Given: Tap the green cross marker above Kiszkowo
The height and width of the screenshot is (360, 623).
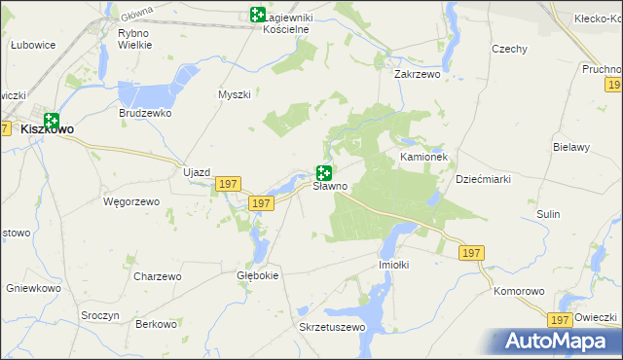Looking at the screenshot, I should (x=52, y=120).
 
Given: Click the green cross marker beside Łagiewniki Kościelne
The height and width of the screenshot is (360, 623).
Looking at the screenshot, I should (x=257, y=15).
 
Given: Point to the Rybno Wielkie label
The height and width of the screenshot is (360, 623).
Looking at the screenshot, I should (x=133, y=39).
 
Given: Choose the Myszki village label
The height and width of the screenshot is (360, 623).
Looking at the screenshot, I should (x=235, y=94).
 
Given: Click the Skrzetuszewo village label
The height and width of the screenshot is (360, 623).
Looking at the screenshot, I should (x=331, y=327).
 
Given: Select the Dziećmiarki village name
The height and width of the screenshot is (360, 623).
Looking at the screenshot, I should (x=484, y=179).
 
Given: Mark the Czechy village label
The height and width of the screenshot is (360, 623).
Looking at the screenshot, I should (x=509, y=49).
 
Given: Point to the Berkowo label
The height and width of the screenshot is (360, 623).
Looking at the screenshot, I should (x=158, y=324).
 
